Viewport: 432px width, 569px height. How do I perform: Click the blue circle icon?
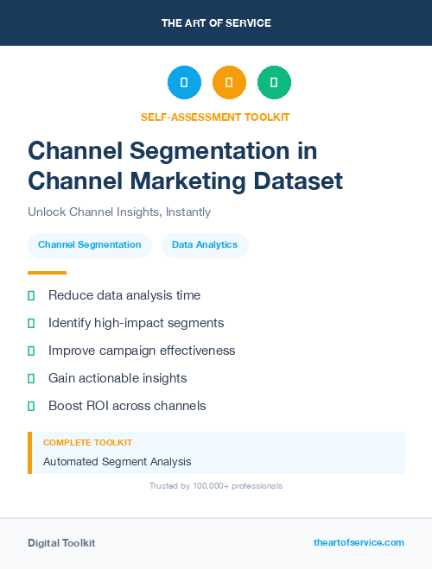click(x=184, y=82)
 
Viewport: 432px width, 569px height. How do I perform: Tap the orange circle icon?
click(x=229, y=82)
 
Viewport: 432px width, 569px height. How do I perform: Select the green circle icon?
click(x=274, y=82)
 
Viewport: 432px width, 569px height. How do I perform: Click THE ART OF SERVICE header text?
click(x=216, y=23)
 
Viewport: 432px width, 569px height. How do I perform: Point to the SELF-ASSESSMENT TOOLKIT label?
click(x=215, y=117)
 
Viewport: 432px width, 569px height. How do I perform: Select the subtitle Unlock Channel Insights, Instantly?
click(x=119, y=212)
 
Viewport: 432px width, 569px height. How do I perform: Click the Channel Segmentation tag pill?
click(x=90, y=245)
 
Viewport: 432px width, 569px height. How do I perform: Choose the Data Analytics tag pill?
click(x=205, y=245)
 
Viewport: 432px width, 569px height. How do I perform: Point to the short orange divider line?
click(x=47, y=273)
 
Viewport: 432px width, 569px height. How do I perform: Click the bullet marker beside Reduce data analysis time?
click(x=31, y=295)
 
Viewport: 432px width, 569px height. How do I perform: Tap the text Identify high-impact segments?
click(x=136, y=323)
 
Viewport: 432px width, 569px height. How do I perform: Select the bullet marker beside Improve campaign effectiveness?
click(x=31, y=351)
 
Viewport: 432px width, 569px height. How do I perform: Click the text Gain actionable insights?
click(x=118, y=378)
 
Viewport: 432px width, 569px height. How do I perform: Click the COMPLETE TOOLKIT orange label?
click(x=87, y=443)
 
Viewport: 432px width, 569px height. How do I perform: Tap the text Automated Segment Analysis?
click(x=118, y=462)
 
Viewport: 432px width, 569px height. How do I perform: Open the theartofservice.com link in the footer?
click(x=359, y=542)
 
